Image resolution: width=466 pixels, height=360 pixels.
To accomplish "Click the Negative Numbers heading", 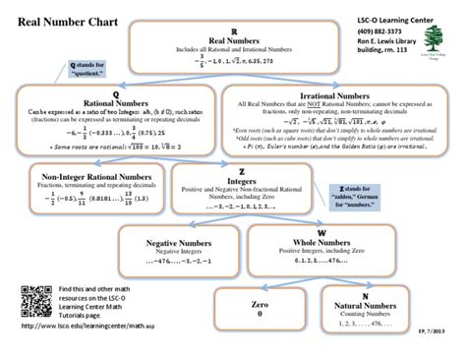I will coord(174,241).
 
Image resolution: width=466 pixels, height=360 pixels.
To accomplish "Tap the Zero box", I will coord(260,307).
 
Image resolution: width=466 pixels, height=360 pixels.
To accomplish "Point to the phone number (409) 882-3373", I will coord(379,31).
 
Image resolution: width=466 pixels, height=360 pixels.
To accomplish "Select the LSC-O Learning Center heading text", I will coord(393,20).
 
